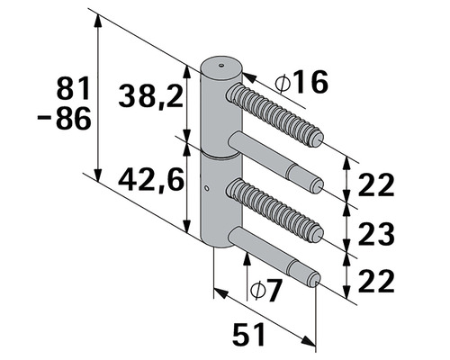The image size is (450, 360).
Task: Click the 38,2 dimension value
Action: click(x=150, y=95)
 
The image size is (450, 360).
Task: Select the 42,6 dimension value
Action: click(x=151, y=179)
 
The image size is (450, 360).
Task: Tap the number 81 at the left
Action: click(x=73, y=87)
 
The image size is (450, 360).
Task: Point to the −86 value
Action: click(x=64, y=118)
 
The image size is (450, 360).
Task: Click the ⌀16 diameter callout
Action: click(x=301, y=82)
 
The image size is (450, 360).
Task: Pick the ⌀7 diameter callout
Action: click(x=266, y=290)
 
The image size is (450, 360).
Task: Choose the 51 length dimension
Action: click(x=248, y=334)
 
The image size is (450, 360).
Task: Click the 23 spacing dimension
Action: click(x=376, y=233)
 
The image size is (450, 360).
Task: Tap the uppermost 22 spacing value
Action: click(x=376, y=184)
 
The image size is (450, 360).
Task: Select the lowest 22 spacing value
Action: click(x=376, y=281)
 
